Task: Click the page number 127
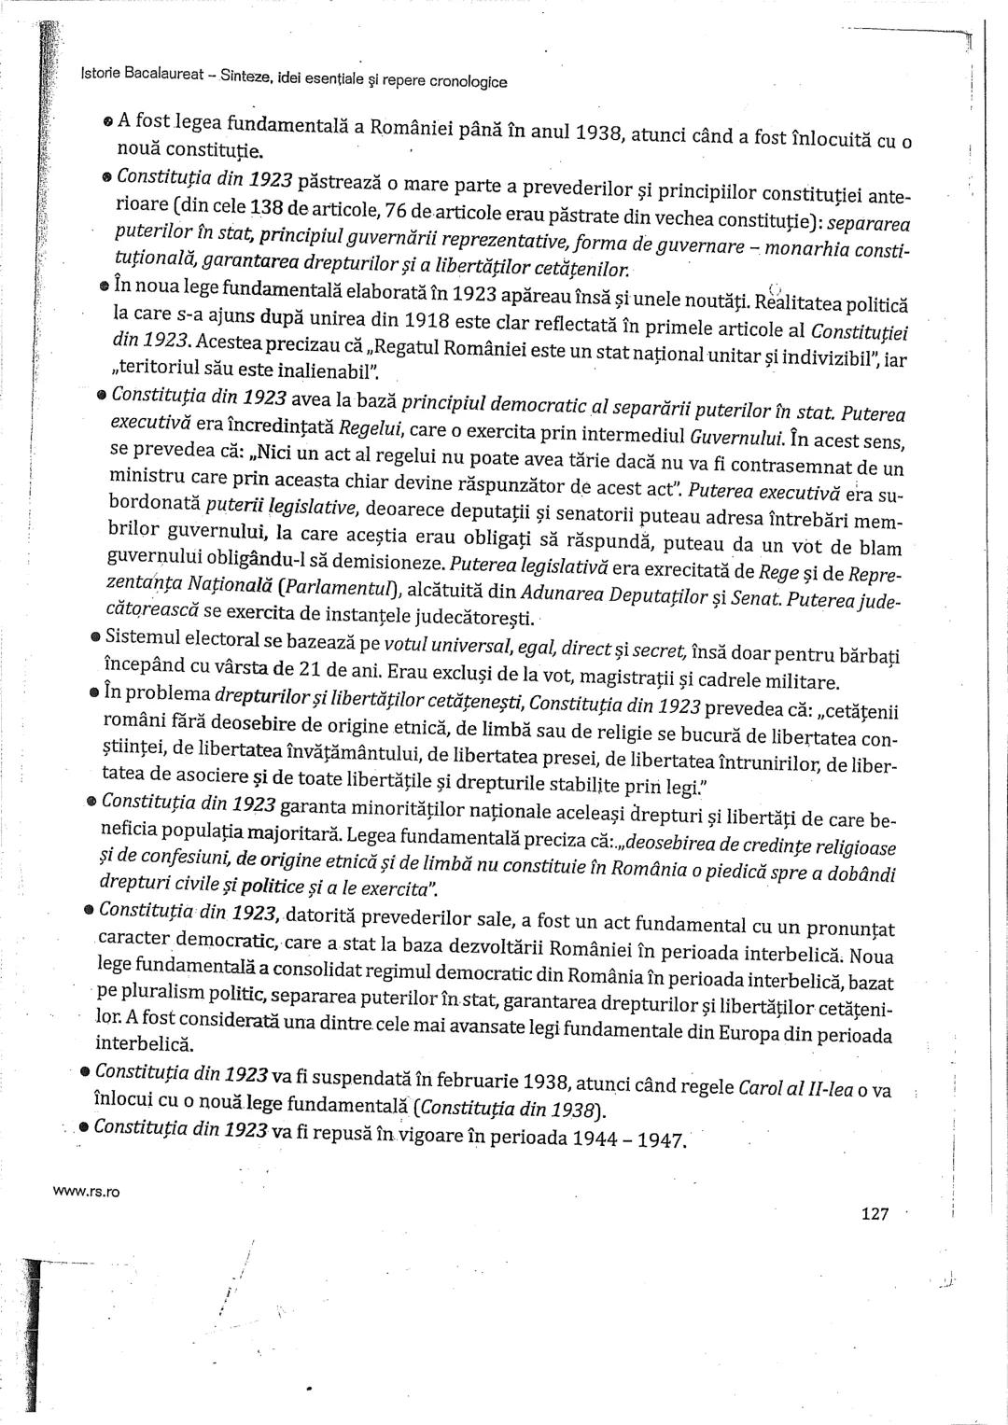coord(875,1213)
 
